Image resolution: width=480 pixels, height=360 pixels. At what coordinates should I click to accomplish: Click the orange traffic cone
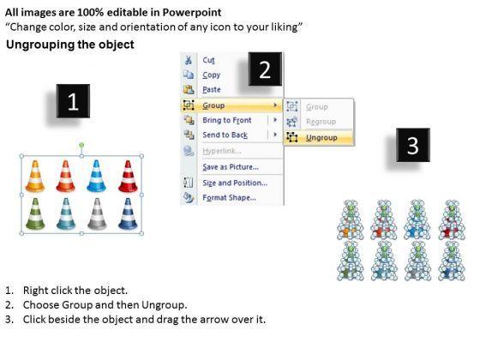(35, 177)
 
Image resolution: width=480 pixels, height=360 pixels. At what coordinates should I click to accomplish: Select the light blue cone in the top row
(96, 176)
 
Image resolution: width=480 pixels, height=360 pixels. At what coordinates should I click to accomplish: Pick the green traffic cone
(35, 214)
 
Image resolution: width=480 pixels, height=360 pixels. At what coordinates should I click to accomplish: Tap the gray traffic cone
(97, 214)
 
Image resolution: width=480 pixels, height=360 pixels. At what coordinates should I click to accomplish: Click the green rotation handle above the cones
(81, 145)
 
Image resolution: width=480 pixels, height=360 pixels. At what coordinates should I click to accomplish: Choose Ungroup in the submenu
(321, 138)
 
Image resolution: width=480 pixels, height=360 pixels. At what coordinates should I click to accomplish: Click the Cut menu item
(208, 60)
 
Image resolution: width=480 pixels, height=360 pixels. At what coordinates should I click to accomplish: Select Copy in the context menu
(211, 75)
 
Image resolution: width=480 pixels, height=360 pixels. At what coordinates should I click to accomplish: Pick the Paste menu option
(212, 90)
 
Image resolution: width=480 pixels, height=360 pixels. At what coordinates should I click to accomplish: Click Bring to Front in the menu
(227, 120)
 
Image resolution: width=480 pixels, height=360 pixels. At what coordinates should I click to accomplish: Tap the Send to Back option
(225, 135)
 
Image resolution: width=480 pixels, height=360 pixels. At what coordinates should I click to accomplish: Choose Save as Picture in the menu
(231, 167)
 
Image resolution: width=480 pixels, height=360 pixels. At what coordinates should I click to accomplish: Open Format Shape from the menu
(230, 198)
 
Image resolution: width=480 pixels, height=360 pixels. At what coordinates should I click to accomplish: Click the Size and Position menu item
(235, 183)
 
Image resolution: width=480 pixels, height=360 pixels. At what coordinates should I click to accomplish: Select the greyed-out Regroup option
(321, 122)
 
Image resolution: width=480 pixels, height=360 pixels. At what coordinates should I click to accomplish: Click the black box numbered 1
(73, 101)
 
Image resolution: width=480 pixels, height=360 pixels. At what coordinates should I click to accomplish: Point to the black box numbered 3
(413, 145)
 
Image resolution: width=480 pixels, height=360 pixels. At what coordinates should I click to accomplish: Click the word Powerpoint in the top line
(192, 12)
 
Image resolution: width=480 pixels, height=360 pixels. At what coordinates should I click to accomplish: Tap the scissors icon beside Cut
(189, 60)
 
